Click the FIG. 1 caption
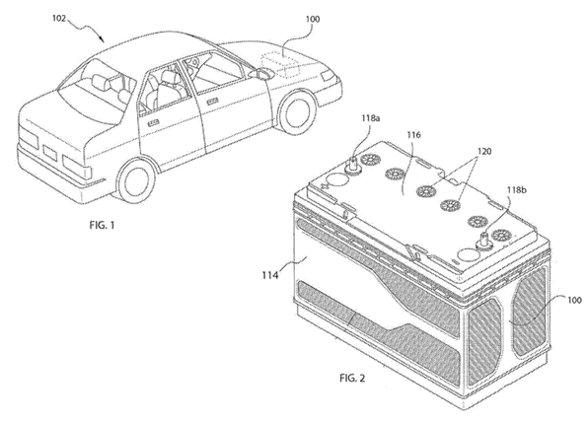click(x=102, y=225)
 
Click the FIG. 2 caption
click(x=352, y=378)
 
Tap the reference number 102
click(x=58, y=19)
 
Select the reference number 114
click(x=270, y=275)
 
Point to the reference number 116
click(x=413, y=135)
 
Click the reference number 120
click(x=484, y=152)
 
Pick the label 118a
click(x=370, y=118)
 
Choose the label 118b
click(x=517, y=190)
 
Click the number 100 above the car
click(x=313, y=19)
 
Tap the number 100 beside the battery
click(x=574, y=300)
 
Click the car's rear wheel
click(x=135, y=180)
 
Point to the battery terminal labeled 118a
click(x=353, y=165)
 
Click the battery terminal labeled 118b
click(x=483, y=239)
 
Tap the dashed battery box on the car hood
click(x=280, y=64)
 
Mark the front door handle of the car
click(x=213, y=102)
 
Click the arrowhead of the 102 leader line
click(x=103, y=39)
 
